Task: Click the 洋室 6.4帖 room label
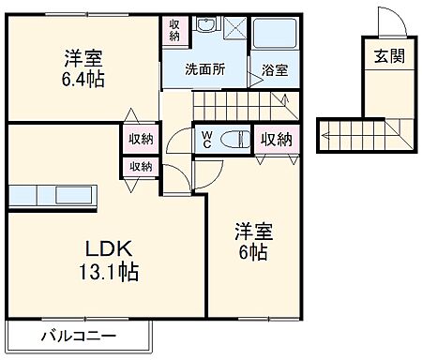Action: (x=80, y=67)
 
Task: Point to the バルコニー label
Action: (x=78, y=335)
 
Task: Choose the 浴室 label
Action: (x=275, y=70)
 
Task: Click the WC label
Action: (x=205, y=140)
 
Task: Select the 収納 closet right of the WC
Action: (x=275, y=139)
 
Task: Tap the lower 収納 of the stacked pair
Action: (x=142, y=166)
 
